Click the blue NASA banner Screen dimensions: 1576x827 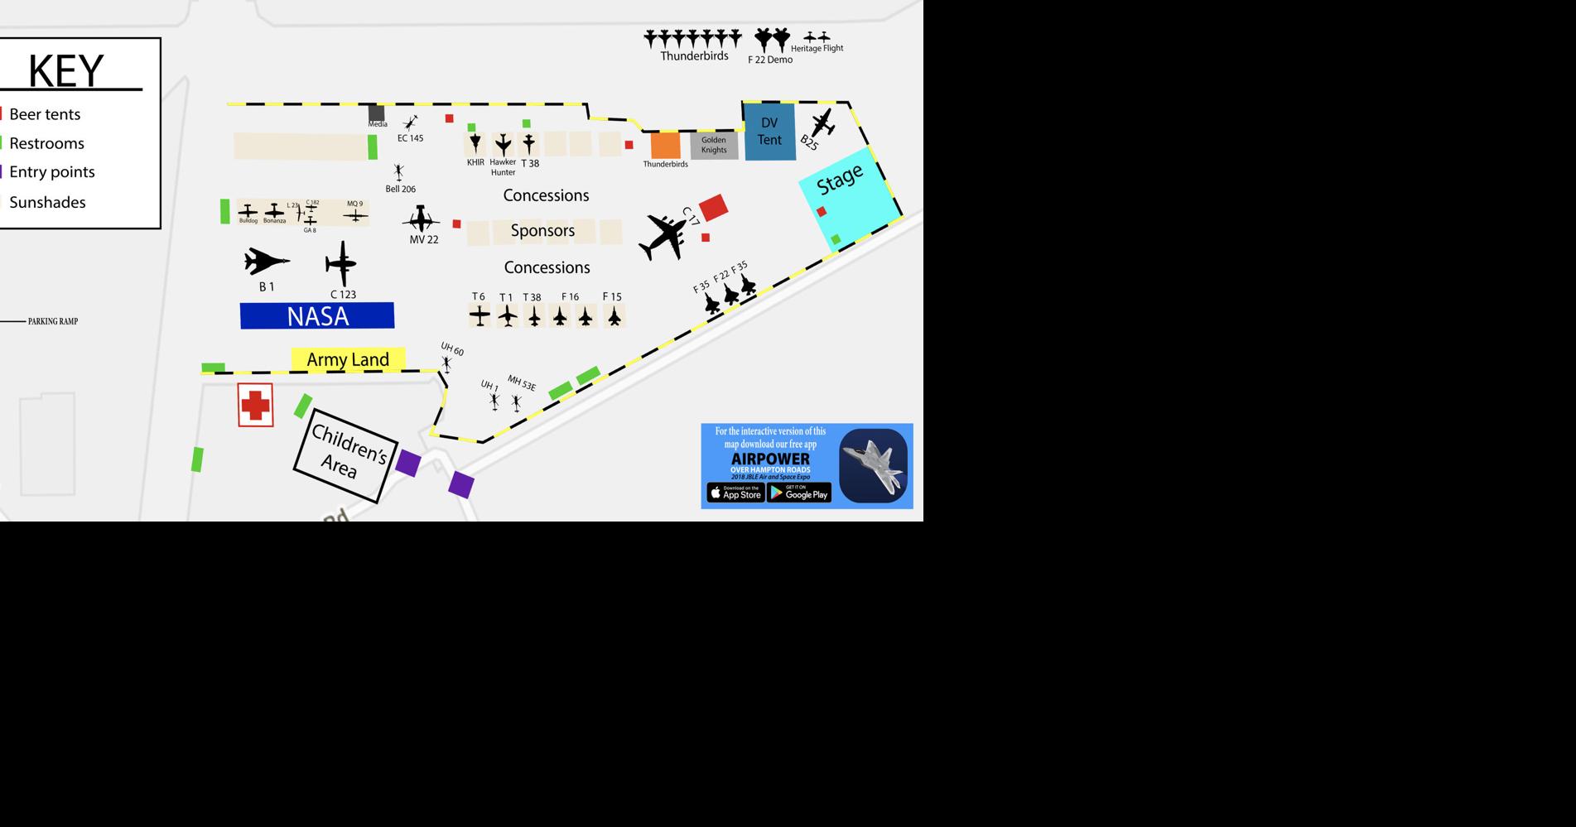point(317,315)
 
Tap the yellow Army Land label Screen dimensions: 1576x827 point(348,359)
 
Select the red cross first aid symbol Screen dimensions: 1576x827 point(255,405)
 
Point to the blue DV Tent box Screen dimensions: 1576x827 point(769,132)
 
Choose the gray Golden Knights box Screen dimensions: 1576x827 point(714,146)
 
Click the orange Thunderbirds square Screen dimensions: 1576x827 point(665,145)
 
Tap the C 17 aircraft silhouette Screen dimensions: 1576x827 point(664,237)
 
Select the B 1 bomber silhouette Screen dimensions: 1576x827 point(266,262)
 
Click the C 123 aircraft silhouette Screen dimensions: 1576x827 point(341,264)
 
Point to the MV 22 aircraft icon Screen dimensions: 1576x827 point(421,219)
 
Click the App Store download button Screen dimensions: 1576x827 point(735,493)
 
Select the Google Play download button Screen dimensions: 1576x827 point(798,493)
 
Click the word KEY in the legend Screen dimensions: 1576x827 point(66,70)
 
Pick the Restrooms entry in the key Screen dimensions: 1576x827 point(46,143)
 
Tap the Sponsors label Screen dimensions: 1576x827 point(542,231)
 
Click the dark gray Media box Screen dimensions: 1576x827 point(376,113)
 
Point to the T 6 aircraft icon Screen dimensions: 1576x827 point(480,315)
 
